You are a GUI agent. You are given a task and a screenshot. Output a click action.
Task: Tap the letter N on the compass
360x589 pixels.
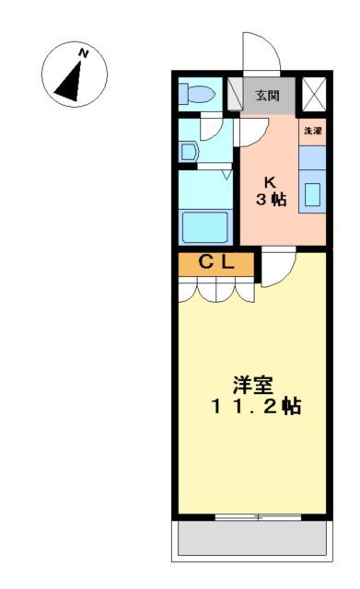click(x=84, y=54)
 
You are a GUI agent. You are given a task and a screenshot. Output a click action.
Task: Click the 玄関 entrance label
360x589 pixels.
click(x=268, y=95)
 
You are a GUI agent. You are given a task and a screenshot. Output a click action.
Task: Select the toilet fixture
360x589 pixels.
click(x=196, y=94)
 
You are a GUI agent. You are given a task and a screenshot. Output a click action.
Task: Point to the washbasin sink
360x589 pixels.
click(x=189, y=151)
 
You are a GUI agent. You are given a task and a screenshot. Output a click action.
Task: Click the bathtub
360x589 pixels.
click(x=204, y=225)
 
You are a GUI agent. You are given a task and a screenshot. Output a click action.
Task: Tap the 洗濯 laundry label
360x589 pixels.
click(x=313, y=132)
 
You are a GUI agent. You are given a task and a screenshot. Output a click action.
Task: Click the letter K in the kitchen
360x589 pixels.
click(x=270, y=181)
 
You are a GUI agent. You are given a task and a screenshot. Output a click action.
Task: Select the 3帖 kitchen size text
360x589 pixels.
click(x=270, y=200)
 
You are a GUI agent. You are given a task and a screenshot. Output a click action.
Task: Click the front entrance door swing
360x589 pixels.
click(x=257, y=55)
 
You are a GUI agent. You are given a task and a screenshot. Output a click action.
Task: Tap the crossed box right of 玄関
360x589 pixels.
click(x=314, y=95)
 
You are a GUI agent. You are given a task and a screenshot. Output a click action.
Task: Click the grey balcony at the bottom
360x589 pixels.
click(x=251, y=538)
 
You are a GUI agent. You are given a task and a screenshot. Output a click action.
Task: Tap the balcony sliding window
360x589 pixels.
click(x=258, y=517)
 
